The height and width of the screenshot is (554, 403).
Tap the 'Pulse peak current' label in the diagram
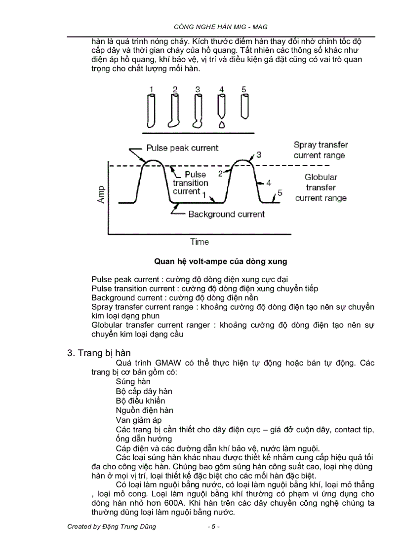(x=182, y=148)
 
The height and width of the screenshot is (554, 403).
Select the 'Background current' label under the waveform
(x=226, y=214)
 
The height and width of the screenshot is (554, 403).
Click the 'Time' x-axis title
(x=200, y=242)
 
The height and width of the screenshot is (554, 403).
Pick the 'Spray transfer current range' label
(x=321, y=150)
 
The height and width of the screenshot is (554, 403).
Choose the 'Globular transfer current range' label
(x=321, y=187)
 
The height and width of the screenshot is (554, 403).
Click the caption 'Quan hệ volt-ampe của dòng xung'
(x=220, y=261)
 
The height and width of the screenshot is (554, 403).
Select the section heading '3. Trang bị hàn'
(x=98, y=353)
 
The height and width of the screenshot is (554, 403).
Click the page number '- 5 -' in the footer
(x=213, y=526)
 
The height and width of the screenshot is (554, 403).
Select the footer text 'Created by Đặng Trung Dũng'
(x=112, y=526)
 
